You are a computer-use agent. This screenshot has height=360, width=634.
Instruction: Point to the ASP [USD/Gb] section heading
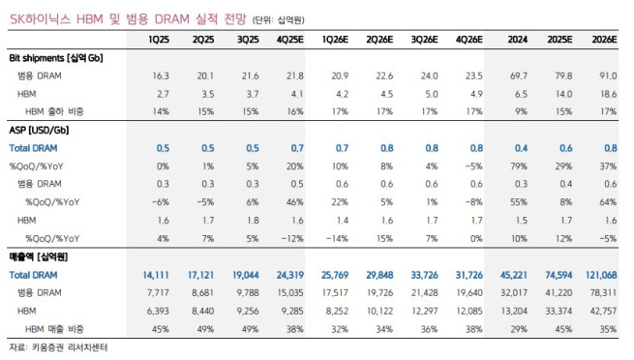(x=38, y=128)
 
